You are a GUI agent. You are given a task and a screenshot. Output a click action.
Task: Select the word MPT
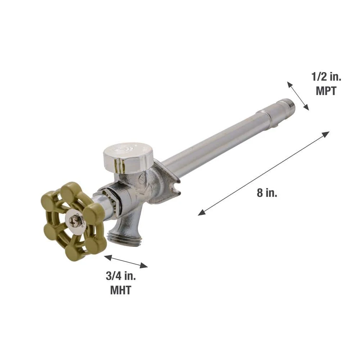tap(326, 91)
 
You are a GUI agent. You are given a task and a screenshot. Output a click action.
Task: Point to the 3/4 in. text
tap(121, 276)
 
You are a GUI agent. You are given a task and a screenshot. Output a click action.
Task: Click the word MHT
tap(121, 290)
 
